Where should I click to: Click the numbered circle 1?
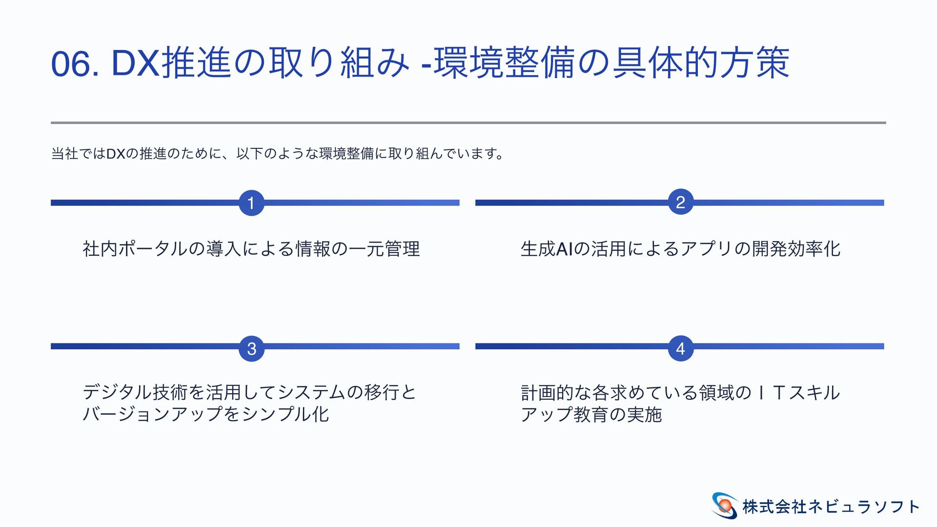click(251, 203)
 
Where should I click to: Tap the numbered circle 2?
click(680, 202)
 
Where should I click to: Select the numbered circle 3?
click(251, 348)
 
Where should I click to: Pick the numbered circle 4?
click(680, 348)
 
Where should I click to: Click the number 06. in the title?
click(75, 64)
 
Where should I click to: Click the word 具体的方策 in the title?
click(701, 63)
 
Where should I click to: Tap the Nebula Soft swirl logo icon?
click(724, 506)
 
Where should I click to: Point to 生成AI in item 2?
click(547, 249)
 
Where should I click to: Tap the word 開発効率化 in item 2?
click(796, 249)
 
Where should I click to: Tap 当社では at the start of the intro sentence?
click(78, 154)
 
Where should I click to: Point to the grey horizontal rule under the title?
click(468, 122)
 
